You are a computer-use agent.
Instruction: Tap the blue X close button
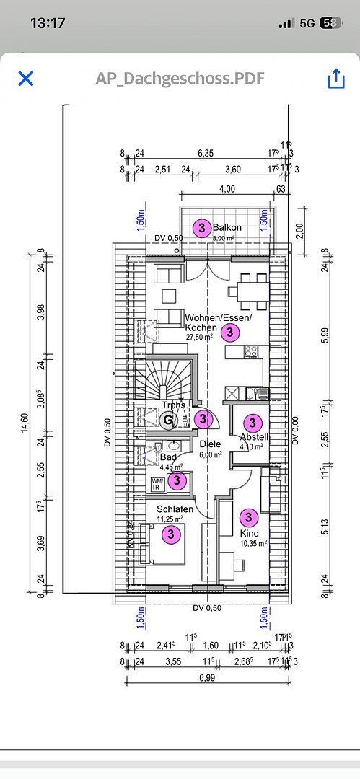pyautogui.click(x=26, y=79)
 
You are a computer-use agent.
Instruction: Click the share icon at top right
pyautogui.click(x=336, y=79)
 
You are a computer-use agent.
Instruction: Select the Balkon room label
pyautogui.click(x=227, y=227)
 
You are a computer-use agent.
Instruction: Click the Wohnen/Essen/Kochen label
pyautogui.click(x=218, y=322)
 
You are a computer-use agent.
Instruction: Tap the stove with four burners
pyautogui.click(x=252, y=352)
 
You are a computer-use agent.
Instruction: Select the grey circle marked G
pyautogui.click(x=168, y=419)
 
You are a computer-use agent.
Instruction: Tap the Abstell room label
pyautogui.click(x=255, y=437)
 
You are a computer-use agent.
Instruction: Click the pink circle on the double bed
pyautogui.click(x=172, y=534)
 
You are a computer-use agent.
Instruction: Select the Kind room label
pyautogui.click(x=249, y=533)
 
